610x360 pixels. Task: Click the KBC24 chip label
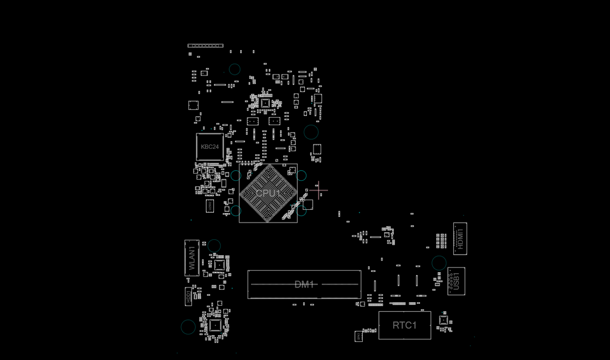click(210, 147)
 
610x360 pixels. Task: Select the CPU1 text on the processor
click(268, 193)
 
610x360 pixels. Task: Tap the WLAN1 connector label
click(192, 258)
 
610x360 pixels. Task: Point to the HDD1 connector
click(189, 297)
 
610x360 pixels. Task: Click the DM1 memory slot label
click(304, 285)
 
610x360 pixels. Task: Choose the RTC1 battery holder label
click(405, 325)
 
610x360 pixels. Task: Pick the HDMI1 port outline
click(460, 238)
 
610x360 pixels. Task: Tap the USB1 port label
click(456, 281)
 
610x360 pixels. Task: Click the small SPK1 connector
click(359, 336)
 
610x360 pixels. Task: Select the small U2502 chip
click(209, 206)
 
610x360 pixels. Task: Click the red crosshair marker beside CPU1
click(318, 191)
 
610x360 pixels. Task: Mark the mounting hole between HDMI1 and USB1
click(439, 263)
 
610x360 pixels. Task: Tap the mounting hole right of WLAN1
click(214, 246)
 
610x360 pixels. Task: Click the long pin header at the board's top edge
click(205, 46)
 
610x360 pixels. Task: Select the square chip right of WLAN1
click(219, 265)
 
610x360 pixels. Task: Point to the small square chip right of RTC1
click(444, 320)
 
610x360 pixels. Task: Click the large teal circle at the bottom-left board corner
click(188, 327)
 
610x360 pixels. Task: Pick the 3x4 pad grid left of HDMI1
click(441, 241)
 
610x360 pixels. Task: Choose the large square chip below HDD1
click(215, 326)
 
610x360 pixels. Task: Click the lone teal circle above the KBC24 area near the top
click(234, 69)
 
